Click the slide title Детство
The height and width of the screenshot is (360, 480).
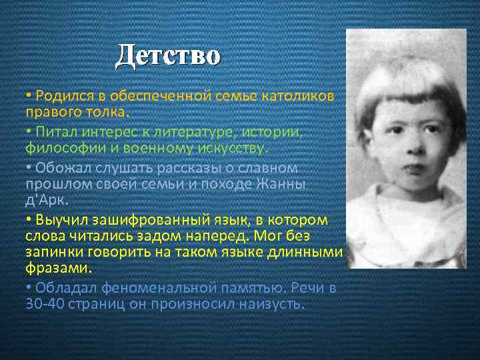click(167, 55)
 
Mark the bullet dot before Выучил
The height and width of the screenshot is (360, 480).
click(29, 219)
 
